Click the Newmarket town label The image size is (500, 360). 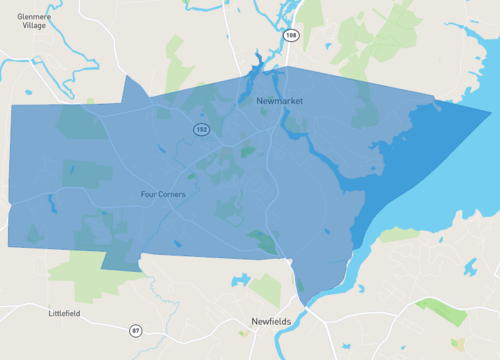279,102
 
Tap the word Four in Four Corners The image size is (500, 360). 151,194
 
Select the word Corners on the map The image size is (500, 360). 174,194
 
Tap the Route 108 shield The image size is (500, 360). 290,36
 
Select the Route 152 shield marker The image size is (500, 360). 201,130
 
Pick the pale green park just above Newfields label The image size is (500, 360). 267,290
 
